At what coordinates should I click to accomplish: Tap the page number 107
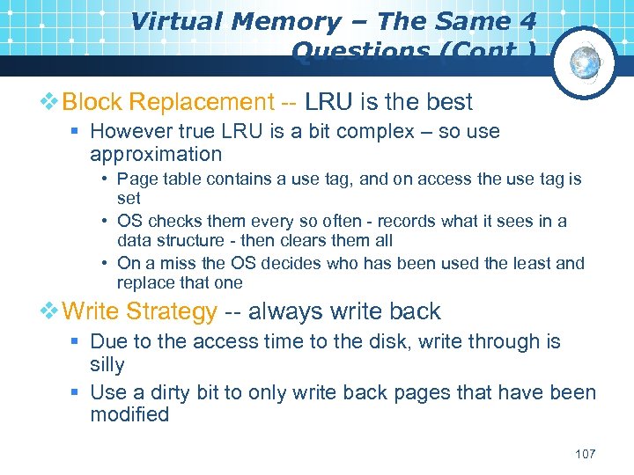(x=585, y=454)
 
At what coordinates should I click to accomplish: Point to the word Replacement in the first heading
(x=202, y=102)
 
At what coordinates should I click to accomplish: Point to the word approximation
(x=156, y=154)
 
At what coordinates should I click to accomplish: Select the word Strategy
(x=172, y=311)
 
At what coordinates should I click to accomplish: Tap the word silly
(x=107, y=364)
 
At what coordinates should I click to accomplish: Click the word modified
(x=129, y=414)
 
